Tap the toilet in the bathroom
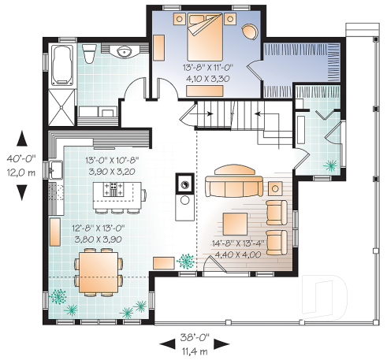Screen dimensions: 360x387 point(90,54)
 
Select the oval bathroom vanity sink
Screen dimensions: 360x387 point(122,53)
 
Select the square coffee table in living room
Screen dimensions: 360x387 point(235,221)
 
